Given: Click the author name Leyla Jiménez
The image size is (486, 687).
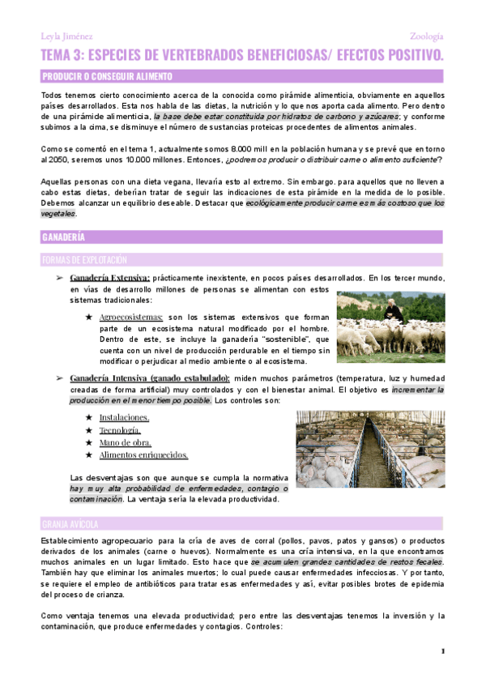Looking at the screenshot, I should tap(66, 36).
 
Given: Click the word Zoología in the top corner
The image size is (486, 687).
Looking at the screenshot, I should tap(427, 36).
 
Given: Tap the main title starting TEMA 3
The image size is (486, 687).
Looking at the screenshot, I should tap(242, 55).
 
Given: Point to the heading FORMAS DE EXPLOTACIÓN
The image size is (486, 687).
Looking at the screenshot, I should tap(84, 260).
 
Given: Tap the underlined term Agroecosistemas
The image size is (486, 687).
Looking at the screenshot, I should tap(131, 317).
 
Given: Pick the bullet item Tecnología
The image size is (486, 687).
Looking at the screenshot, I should tap(120, 430).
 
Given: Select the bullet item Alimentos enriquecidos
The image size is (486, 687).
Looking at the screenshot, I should tap(143, 455).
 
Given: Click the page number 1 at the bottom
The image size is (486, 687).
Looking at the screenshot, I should tap(443, 651).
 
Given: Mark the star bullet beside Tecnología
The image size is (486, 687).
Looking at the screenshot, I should tap(88, 430).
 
